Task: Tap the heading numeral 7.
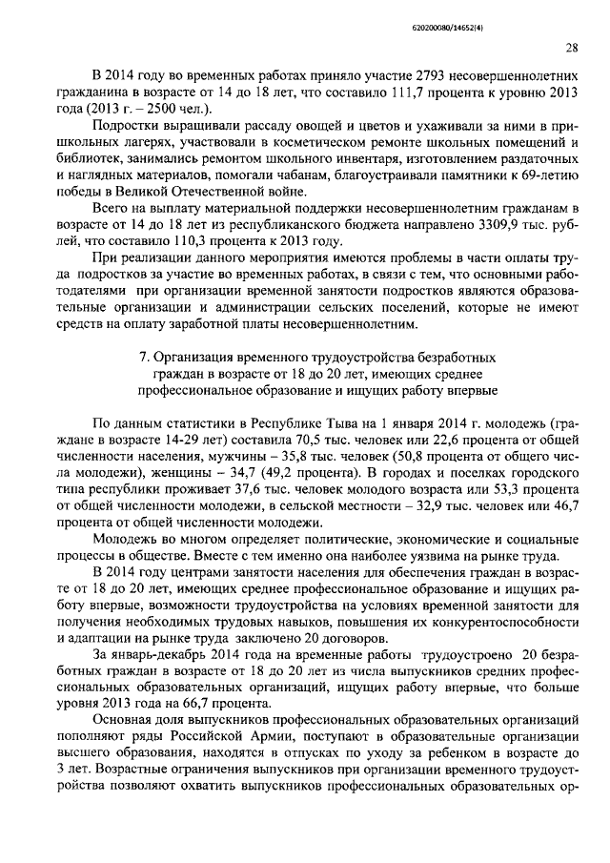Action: tap(144, 356)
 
